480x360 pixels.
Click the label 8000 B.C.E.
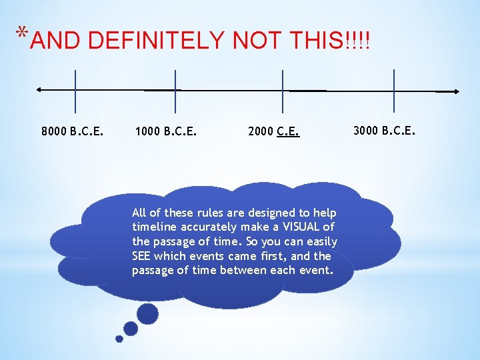pyautogui.click(x=72, y=131)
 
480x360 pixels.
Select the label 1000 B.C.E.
pyautogui.click(x=165, y=131)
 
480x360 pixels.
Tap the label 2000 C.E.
pyautogui.click(x=273, y=131)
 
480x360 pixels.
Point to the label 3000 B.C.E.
pyautogui.click(x=384, y=129)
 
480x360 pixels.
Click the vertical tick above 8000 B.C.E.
pyautogui.click(x=75, y=91)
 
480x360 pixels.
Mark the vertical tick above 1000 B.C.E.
pyautogui.click(x=175, y=91)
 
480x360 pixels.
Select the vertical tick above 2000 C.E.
pyautogui.click(x=283, y=91)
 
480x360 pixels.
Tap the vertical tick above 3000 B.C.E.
pyautogui.click(x=394, y=91)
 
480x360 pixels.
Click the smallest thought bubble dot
pyautogui.click(x=119, y=339)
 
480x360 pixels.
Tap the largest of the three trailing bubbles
pyautogui.click(x=147, y=313)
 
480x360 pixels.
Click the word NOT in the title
pyautogui.click(x=257, y=41)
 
